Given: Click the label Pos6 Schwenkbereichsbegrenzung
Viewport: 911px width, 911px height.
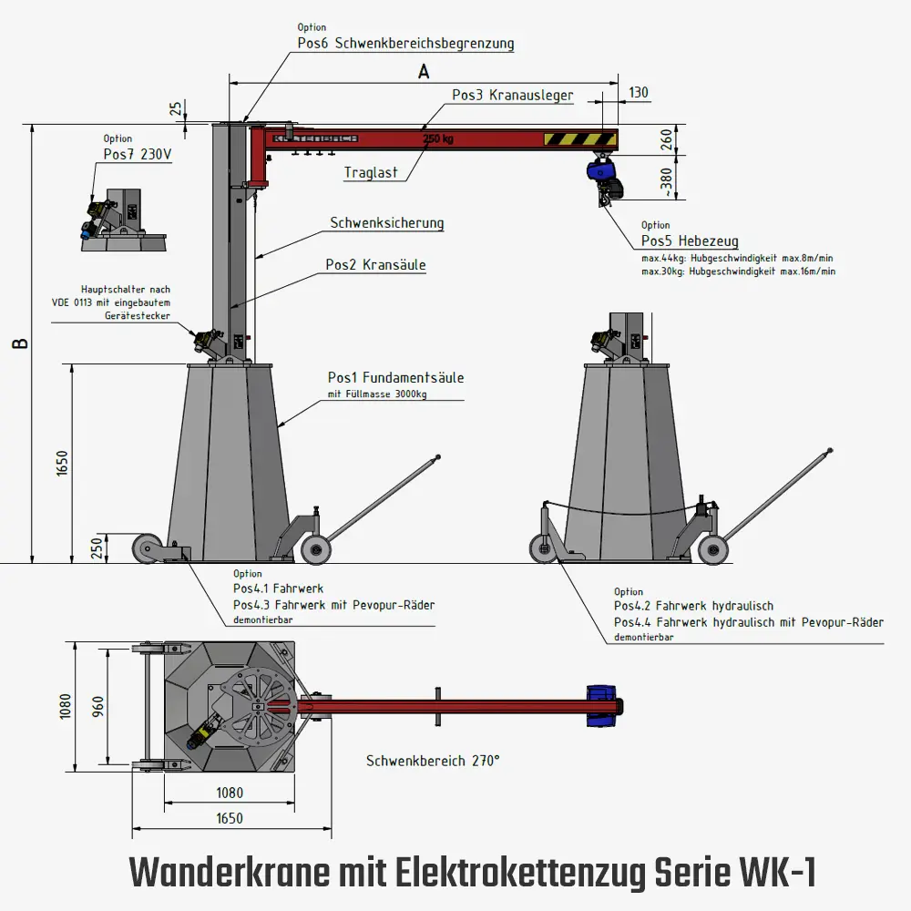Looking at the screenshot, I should click(405, 43).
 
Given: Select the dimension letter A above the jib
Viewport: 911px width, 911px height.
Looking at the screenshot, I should click(424, 73).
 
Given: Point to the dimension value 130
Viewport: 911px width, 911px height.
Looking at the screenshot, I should click(640, 93).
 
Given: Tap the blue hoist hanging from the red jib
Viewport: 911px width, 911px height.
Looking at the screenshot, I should click(601, 172).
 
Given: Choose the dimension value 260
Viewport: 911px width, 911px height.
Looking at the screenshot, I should click(667, 139).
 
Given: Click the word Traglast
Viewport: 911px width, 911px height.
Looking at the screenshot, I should click(371, 172).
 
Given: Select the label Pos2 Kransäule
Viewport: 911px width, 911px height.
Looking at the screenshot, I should click(375, 265).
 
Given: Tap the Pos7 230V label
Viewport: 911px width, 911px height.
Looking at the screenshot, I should click(138, 154).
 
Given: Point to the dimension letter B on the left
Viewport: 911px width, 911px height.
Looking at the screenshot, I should click(21, 343).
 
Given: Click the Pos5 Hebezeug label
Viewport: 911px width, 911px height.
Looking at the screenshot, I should click(690, 241).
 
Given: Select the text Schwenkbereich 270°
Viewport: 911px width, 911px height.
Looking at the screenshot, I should click(433, 760).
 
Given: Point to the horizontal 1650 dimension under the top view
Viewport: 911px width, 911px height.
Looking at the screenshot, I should click(230, 818).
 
